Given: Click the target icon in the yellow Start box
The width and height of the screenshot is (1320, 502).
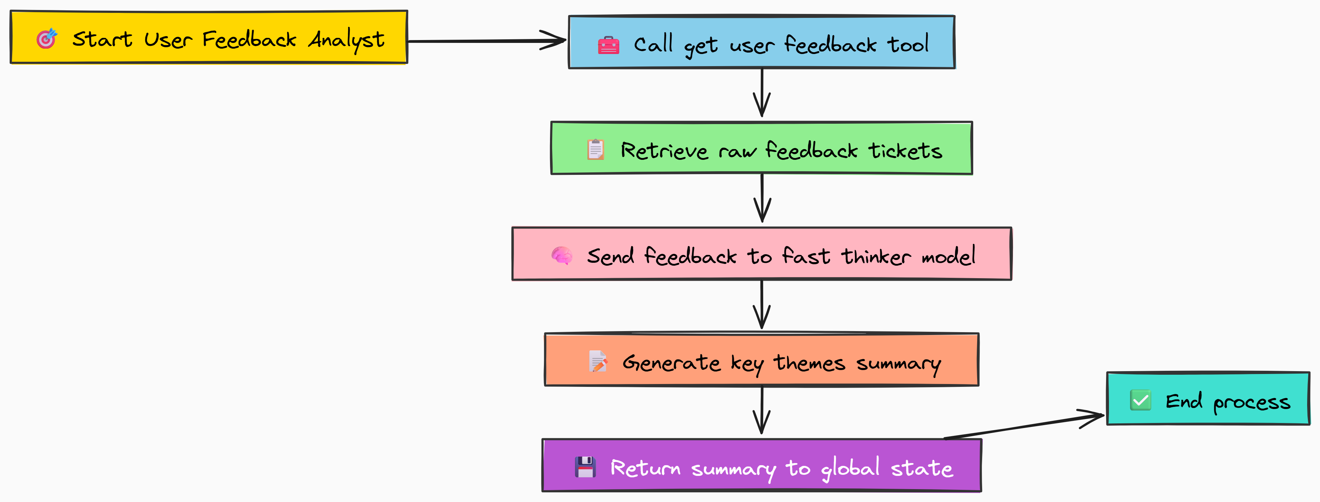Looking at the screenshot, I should point(46,39).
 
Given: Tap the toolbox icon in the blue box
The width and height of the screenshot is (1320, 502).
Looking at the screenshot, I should point(608,45).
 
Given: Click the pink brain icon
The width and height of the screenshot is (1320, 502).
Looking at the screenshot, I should point(562,255).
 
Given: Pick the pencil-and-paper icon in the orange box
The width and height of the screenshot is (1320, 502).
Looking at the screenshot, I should point(597,361).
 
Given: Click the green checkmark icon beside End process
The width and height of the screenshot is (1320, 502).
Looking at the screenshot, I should point(1141,400).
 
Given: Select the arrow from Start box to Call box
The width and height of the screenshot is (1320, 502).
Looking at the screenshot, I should point(487,41).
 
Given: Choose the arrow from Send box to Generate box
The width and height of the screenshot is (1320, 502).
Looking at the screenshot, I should point(762,305).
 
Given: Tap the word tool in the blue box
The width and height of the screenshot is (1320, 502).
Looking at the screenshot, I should point(907,44).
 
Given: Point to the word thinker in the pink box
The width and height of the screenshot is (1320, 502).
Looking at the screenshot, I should point(876,256).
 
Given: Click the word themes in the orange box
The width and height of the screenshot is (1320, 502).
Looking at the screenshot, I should point(809,363).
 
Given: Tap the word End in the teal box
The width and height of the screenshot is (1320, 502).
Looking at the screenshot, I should point(1184,401).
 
